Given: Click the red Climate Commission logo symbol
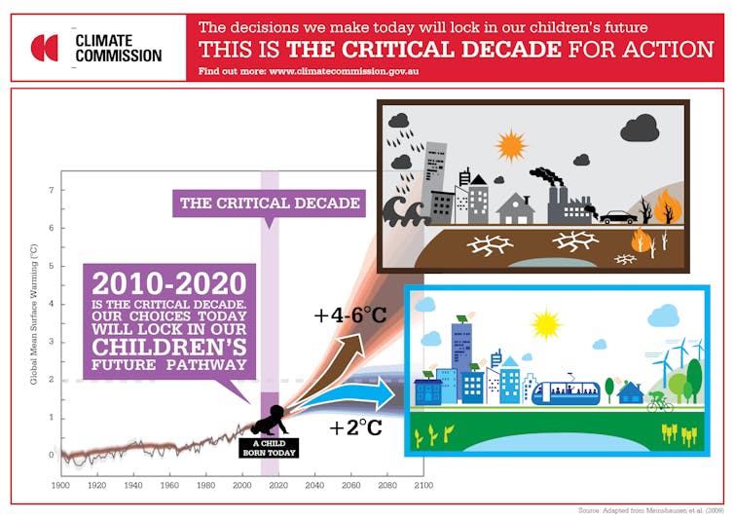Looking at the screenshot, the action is [x=45, y=48].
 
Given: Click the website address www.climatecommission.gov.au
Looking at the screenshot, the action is [x=344, y=72].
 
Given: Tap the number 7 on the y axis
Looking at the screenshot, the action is [x=51, y=190].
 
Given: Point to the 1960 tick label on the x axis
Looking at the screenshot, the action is [x=169, y=485].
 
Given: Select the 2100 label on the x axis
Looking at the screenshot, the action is [x=423, y=485].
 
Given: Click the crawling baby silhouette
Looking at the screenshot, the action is [x=270, y=420].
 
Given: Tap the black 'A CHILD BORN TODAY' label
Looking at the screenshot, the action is [x=269, y=448].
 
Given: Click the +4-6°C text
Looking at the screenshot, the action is [x=350, y=315].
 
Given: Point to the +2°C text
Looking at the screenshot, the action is [x=355, y=427].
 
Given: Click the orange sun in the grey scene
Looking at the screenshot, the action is [x=511, y=145].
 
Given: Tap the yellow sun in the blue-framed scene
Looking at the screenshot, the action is [x=546, y=324].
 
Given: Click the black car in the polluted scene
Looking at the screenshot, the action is [x=618, y=217].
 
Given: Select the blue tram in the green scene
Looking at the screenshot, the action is [x=566, y=393].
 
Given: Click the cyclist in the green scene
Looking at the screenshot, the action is [x=660, y=402].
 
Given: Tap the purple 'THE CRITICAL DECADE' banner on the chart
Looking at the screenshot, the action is [x=269, y=204].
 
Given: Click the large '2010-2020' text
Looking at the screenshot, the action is [x=169, y=283].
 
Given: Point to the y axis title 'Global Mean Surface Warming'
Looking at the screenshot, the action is [x=34, y=315].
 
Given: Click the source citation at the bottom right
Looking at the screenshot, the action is [x=651, y=510].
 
